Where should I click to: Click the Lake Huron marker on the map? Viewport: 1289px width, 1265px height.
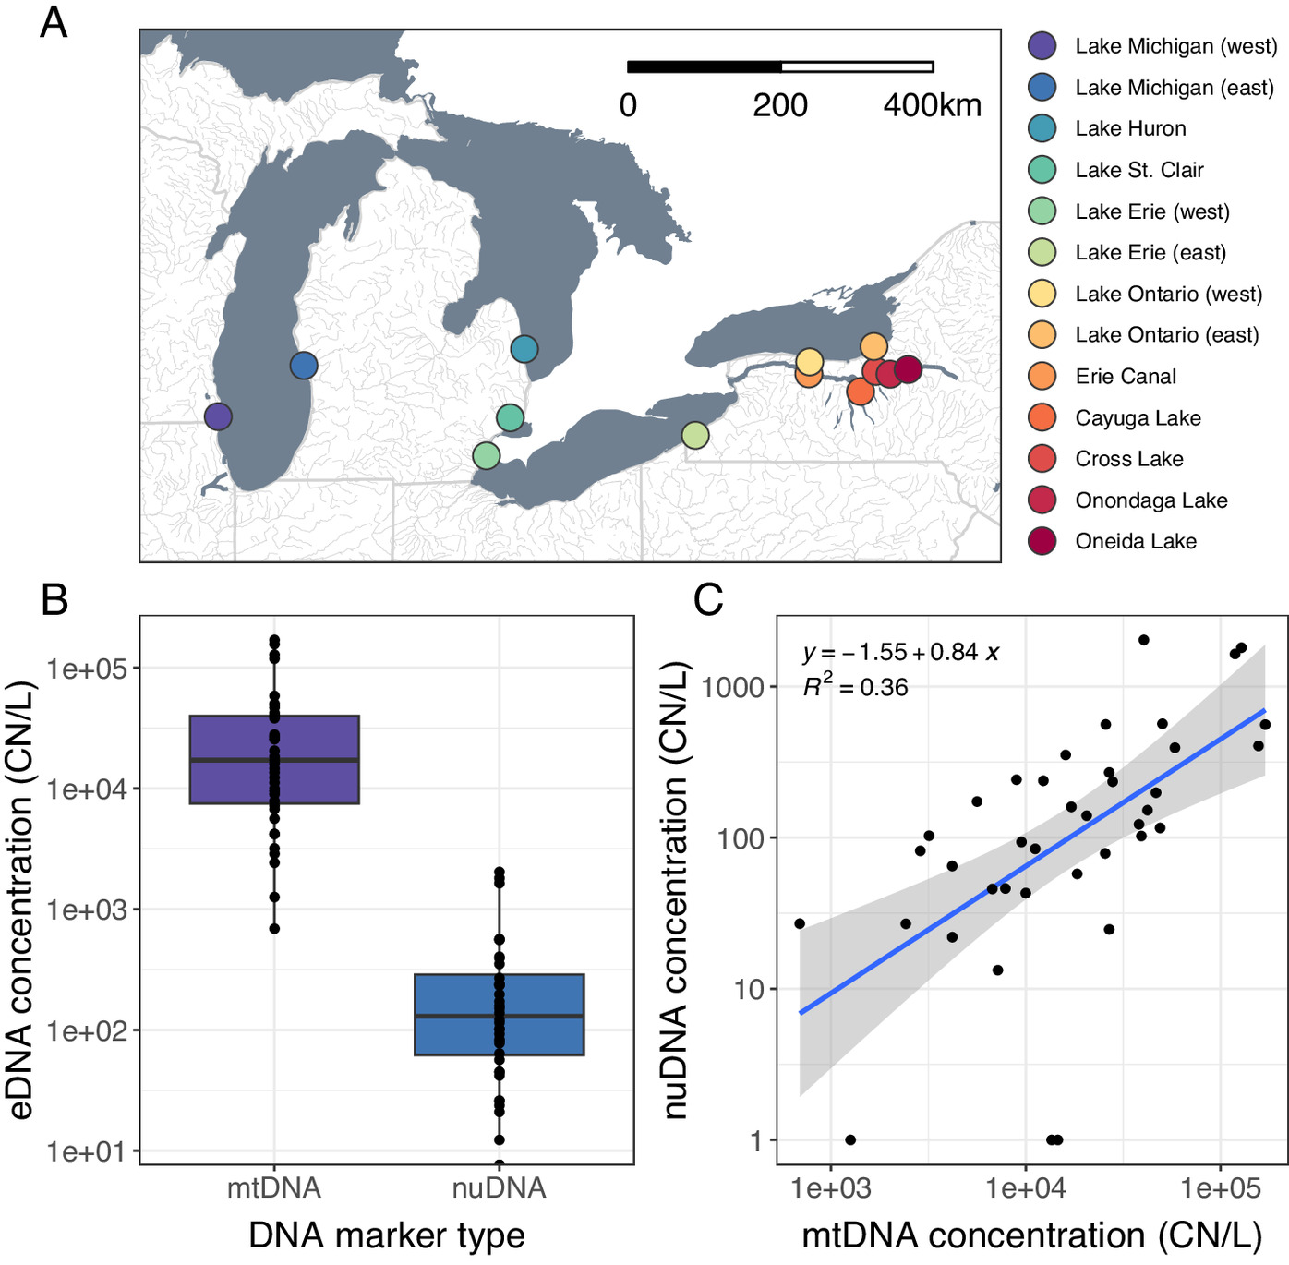524,349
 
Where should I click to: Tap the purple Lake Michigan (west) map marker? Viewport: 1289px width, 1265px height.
218,416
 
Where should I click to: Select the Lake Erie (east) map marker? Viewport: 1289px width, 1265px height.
695,435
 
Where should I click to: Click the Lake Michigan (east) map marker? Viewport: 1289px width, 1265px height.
304,366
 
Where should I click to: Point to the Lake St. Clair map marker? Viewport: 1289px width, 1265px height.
511,418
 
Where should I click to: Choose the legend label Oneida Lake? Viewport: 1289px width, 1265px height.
1136,542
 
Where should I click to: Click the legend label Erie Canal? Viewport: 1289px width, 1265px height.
1126,377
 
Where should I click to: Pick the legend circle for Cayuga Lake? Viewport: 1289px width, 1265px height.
1042,417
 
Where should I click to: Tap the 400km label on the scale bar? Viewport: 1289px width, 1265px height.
932,105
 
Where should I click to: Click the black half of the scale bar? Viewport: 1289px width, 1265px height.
705,66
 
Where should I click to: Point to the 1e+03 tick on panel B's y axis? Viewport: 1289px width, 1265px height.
86,910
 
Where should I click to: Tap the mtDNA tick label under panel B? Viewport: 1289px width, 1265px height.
274,1187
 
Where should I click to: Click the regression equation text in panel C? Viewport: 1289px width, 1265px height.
901,652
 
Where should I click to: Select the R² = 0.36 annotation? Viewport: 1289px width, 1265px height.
855,687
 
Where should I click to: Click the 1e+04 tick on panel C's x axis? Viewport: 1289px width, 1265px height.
1026,1188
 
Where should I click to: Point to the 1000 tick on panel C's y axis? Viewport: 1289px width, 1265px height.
733,687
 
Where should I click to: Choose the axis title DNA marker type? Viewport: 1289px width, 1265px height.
387,1235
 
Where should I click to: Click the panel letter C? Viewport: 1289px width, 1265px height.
708,600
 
